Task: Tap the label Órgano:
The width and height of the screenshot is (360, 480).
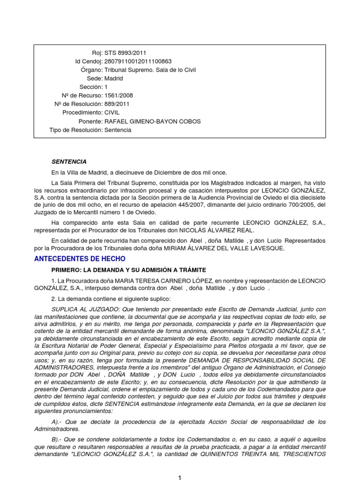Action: (x=91, y=70)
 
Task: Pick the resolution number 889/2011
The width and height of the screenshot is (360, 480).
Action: (x=117, y=104)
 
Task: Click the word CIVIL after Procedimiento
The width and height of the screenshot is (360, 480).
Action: (x=112, y=113)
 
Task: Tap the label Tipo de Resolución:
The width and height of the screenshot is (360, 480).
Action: (x=76, y=130)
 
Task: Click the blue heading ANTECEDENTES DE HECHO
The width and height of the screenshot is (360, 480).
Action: (x=80, y=259)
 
